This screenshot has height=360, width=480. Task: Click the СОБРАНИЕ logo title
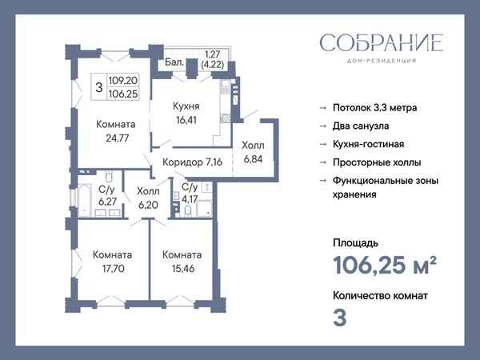(x=382, y=42)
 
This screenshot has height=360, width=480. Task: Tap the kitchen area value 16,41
(x=186, y=120)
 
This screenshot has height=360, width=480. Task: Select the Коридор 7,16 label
(x=192, y=162)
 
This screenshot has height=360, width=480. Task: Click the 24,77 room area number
(x=118, y=138)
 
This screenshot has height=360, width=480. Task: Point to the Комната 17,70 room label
(x=113, y=262)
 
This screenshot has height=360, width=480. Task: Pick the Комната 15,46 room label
(x=182, y=262)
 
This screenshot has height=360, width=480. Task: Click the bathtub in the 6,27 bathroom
(x=85, y=199)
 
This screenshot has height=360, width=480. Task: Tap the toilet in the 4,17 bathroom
(x=188, y=211)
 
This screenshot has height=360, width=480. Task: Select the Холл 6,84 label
(x=253, y=152)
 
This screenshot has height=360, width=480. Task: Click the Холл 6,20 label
(x=148, y=198)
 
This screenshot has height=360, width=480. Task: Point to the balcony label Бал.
(x=174, y=62)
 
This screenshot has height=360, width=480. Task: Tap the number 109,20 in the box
(x=123, y=81)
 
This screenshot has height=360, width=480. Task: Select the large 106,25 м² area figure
(x=385, y=265)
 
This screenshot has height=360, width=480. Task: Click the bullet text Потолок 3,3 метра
(x=374, y=108)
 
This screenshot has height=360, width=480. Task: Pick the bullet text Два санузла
(x=361, y=126)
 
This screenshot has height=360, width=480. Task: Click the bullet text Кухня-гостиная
(x=368, y=144)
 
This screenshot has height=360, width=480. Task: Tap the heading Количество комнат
(x=380, y=296)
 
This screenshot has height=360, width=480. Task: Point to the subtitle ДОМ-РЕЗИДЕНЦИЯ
(x=382, y=61)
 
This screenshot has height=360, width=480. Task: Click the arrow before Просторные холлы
(x=322, y=162)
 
